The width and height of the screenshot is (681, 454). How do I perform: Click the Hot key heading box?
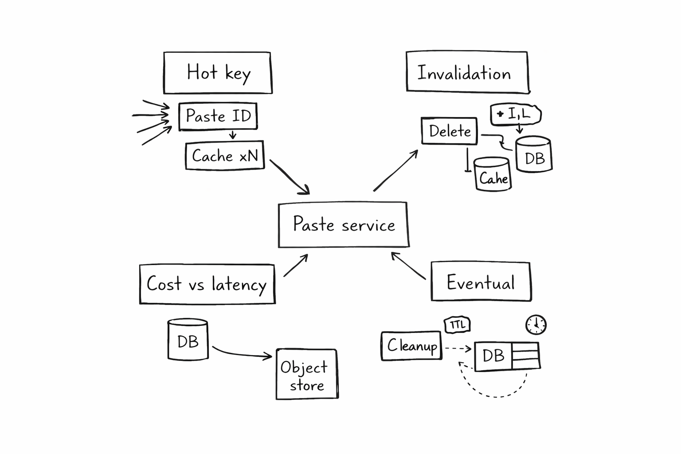pos(217,73)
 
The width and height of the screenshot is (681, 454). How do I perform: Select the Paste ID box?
pos(218,117)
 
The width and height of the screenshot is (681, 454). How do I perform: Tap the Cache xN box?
pos(225,156)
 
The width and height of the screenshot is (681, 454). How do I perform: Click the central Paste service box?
pos(343,225)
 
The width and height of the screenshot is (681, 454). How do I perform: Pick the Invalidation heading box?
pos(467,72)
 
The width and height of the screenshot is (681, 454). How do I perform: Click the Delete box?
pos(449,131)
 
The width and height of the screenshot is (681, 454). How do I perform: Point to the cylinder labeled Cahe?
pos(492,175)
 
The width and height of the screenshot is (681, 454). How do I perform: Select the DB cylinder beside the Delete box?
pos(533,155)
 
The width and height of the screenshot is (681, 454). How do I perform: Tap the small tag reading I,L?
pos(516,114)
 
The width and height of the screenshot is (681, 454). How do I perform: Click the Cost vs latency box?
pos(207,284)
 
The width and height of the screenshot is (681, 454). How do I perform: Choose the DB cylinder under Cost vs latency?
pos(188,340)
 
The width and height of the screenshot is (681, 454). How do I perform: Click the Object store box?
pos(306,374)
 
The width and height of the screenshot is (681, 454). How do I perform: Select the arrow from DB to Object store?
pos(242,353)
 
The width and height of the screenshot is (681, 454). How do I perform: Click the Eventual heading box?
pos(481,282)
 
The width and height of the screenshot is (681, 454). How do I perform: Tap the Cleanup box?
pos(411,346)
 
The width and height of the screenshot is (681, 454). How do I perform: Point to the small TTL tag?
pos(457,325)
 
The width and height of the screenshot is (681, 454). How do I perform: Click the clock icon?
pos(536,325)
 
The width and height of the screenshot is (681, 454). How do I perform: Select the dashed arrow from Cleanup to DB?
pos(458,348)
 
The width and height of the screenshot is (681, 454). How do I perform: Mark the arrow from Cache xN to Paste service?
pos(289,177)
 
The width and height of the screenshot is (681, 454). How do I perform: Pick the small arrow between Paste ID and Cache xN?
pos(232,135)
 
